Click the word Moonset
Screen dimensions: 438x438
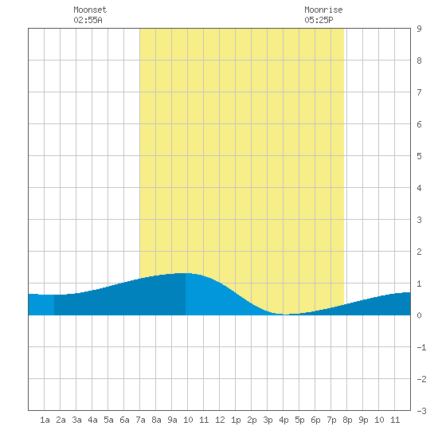(x=90, y=10)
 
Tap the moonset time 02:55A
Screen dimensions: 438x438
(x=88, y=20)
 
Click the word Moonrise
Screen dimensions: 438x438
(x=323, y=10)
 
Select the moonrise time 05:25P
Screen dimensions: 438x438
(x=319, y=20)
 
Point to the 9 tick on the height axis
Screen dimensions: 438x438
(x=419, y=29)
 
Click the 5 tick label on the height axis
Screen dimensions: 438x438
(x=419, y=156)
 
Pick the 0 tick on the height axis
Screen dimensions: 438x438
(x=419, y=315)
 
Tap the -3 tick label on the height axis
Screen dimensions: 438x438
(x=421, y=411)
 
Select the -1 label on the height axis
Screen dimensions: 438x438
(x=421, y=347)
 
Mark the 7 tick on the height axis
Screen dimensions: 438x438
(x=419, y=92)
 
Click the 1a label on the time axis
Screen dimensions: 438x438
(x=45, y=420)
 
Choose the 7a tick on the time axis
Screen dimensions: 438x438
(x=140, y=420)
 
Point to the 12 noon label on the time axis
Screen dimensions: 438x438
(x=220, y=420)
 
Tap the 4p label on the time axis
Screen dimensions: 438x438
(x=284, y=420)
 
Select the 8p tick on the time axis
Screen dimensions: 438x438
(x=347, y=420)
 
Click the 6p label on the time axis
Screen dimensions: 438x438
(x=315, y=420)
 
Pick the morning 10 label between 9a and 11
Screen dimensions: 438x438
(x=188, y=420)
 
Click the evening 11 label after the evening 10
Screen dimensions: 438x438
(x=395, y=420)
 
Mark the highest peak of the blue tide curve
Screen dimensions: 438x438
(x=185, y=273)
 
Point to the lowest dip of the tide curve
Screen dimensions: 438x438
(x=285, y=315)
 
